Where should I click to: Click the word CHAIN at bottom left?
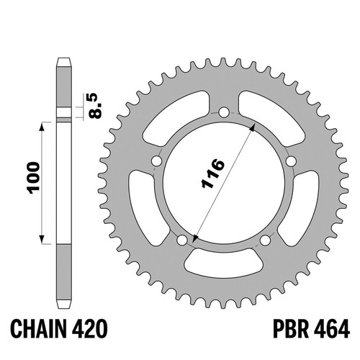click(38, 329)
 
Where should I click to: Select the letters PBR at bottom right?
click(291, 329)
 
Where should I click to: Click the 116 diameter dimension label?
click(213, 174)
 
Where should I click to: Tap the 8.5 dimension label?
click(95, 106)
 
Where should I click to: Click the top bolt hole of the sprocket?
click(224, 112)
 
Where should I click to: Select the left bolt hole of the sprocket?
click(157, 161)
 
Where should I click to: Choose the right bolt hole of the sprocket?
click(291, 161)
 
